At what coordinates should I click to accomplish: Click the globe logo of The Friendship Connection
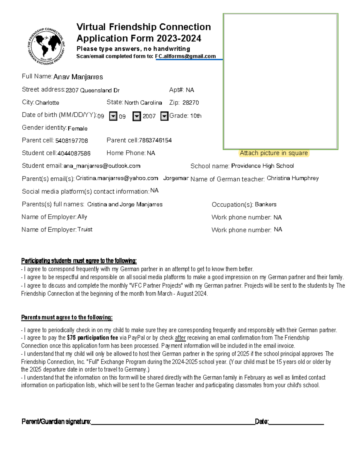click(46, 46)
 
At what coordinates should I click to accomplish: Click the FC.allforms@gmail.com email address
click(185, 56)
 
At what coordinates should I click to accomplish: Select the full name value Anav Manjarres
click(78, 77)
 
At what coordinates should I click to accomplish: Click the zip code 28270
click(190, 103)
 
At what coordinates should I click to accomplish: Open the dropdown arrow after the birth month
click(113, 116)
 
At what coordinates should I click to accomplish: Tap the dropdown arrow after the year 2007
click(164, 116)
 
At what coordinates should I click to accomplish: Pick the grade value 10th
click(196, 116)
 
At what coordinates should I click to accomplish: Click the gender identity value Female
click(77, 128)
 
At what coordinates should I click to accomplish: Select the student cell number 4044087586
click(74, 153)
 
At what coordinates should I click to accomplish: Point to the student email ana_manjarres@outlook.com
click(102, 166)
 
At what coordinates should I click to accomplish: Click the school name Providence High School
click(262, 166)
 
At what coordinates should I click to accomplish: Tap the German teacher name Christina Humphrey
click(292, 178)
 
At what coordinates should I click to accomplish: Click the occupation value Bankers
click(265, 204)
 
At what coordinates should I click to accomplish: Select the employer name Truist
click(85, 230)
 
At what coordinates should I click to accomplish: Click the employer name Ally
click(82, 217)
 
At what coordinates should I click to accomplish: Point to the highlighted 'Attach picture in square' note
click(274, 153)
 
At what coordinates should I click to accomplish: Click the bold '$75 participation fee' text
click(92, 338)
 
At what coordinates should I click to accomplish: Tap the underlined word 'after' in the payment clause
click(180, 338)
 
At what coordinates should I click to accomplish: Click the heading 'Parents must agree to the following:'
click(67, 317)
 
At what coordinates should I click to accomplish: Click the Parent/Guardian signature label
click(56, 422)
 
